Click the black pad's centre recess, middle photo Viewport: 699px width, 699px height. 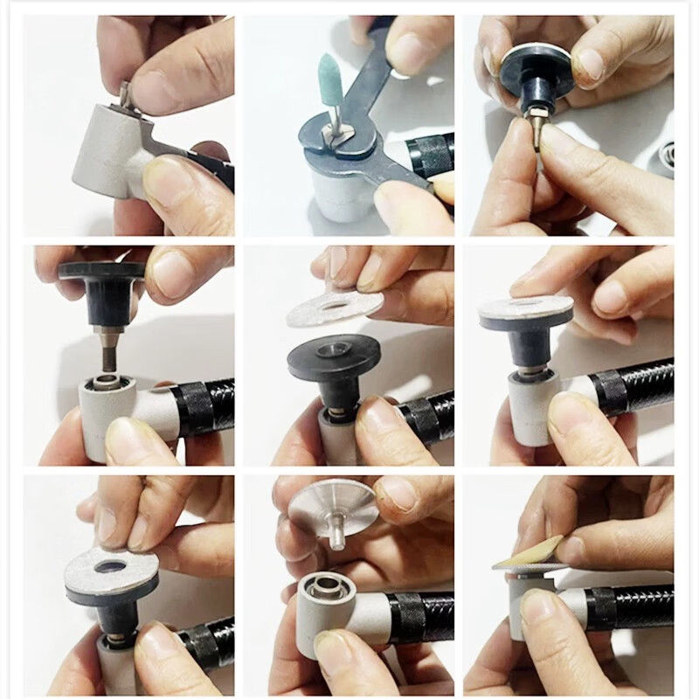(333, 349)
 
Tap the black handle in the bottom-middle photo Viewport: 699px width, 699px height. (419, 617)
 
